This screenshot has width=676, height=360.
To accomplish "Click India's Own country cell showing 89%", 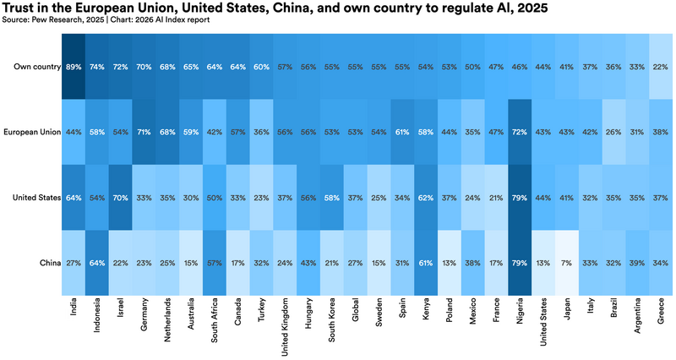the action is pyautogui.click(x=74, y=67).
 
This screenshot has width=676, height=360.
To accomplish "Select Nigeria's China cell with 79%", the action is pyautogui.click(x=520, y=263).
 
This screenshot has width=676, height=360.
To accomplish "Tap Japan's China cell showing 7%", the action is pyautogui.click(x=566, y=263).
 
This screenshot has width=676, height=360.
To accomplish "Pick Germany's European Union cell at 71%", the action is pyautogui.click(x=144, y=133).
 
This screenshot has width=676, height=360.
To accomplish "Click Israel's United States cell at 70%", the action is pyautogui.click(x=120, y=198).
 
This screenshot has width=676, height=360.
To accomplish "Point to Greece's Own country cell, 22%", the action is pyautogui.click(x=661, y=67).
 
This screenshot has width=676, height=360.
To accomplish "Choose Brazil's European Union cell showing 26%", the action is pyautogui.click(x=613, y=133).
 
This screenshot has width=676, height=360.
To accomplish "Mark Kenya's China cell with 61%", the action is pyautogui.click(x=426, y=263).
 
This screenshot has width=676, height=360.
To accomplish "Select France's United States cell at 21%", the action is pyautogui.click(x=496, y=198).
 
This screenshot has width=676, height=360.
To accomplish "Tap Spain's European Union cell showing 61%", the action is pyautogui.click(x=402, y=133).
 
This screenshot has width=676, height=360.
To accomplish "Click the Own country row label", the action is pyautogui.click(x=37, y=67).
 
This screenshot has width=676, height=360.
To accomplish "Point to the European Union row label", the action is pyautogui.click(x=32, y=132).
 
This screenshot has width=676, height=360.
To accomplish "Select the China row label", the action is pyautogui.click(x=50, y=263).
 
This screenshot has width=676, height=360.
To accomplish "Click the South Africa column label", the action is pyautogui.click(x=215, y=320).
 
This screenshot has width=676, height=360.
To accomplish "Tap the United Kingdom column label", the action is pyautogui.click(x=285, y=327).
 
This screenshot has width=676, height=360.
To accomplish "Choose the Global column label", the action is pyautogui.click(x=355, y=309).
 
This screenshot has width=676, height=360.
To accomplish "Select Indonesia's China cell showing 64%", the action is pyautogui.click(x=97, y=263).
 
